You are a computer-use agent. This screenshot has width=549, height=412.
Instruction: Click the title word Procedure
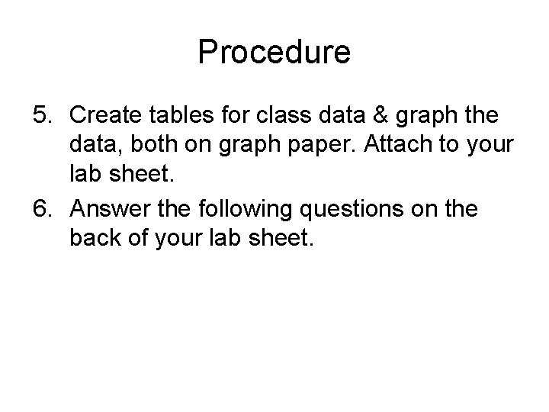click(274, 53)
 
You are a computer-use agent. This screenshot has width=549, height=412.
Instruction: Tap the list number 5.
click(41, 117)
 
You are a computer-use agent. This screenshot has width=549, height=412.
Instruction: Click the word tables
click(185, 117)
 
